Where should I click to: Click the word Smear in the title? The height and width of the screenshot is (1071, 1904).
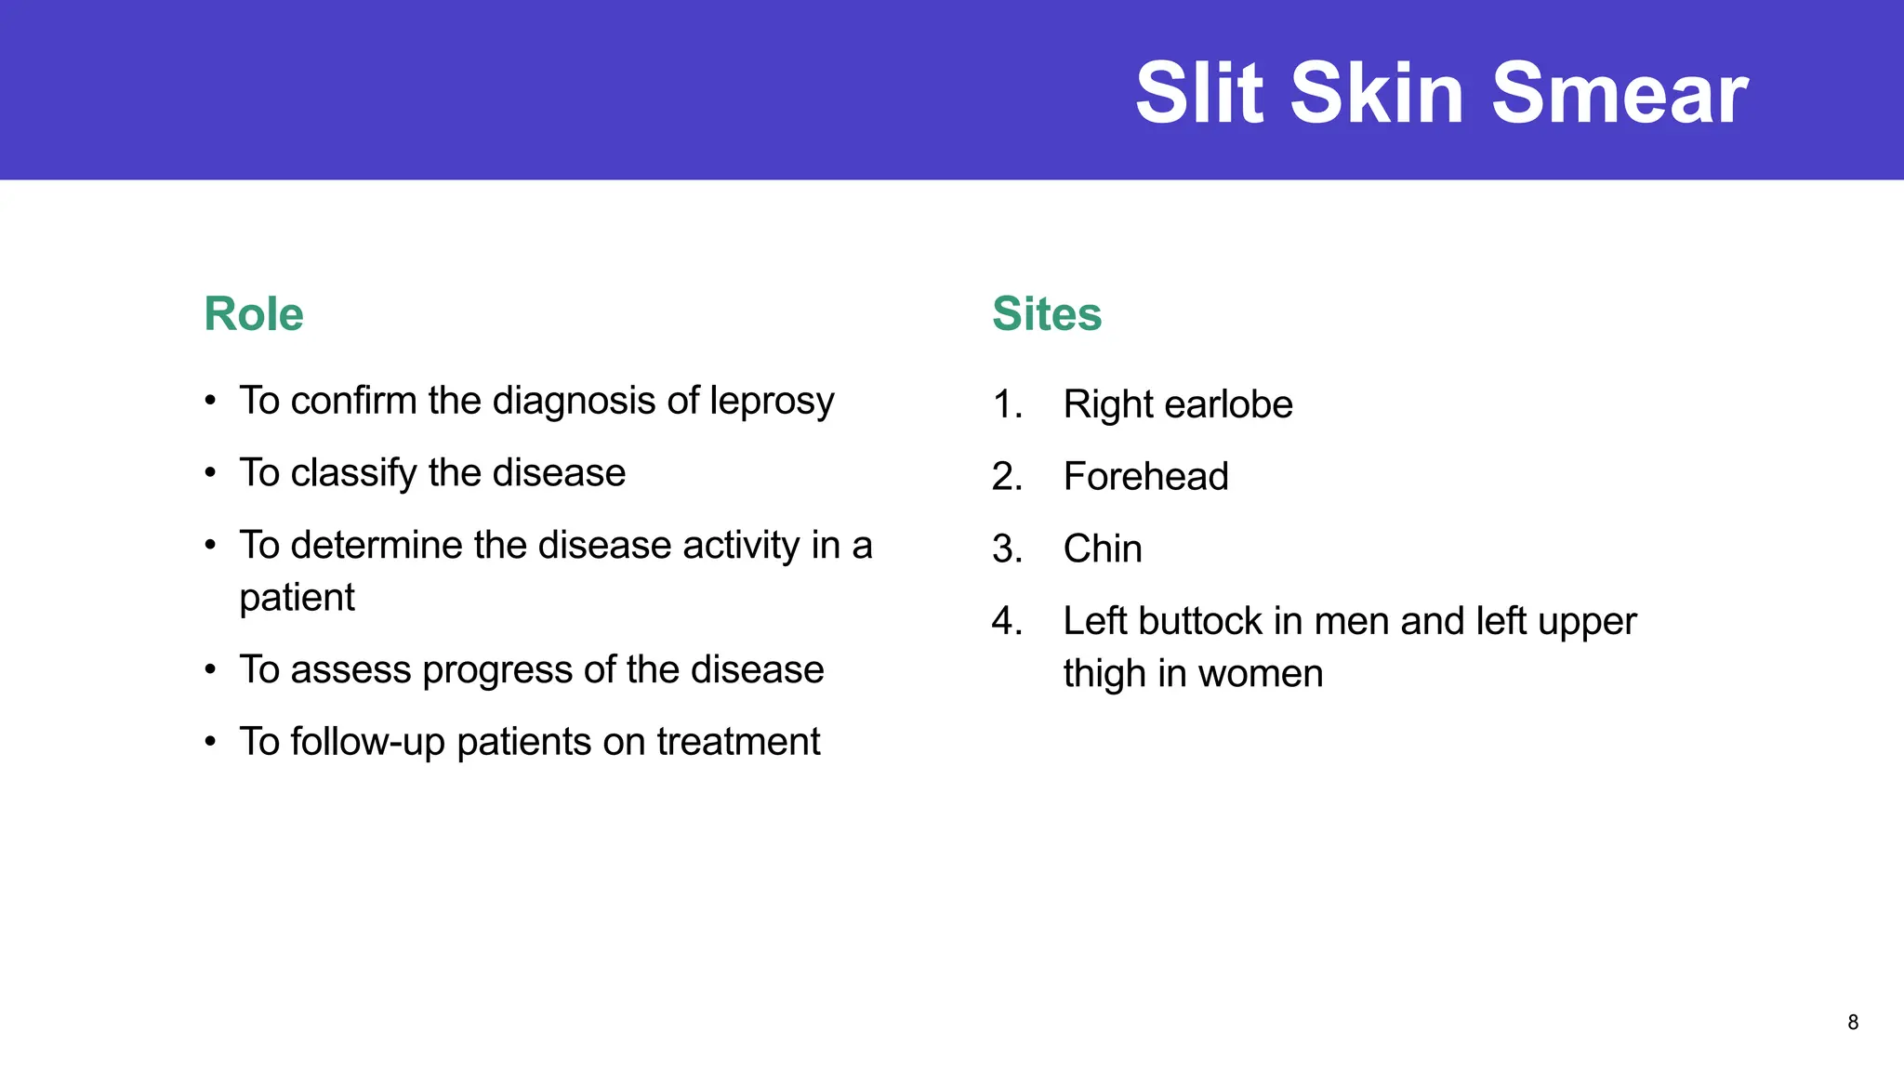(1620, 93)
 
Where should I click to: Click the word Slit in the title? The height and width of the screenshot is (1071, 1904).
(1199, 93)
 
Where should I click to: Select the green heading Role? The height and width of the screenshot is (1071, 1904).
(254, 314)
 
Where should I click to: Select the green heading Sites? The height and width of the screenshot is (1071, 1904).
(1047, 314)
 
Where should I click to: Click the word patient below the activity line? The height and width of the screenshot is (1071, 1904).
(297, 598)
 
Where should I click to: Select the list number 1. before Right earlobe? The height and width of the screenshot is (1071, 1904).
(1007, 405)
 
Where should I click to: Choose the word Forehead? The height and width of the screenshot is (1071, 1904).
(1145, 477)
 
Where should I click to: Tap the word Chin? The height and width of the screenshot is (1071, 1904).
(1103, 549)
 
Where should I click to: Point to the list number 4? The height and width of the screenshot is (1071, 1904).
(1007, 621)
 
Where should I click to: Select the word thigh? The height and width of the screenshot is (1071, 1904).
(1104, 674)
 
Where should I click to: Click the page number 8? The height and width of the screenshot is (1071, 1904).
(1853, 1023)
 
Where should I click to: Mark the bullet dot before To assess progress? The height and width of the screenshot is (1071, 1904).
(211, 670)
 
